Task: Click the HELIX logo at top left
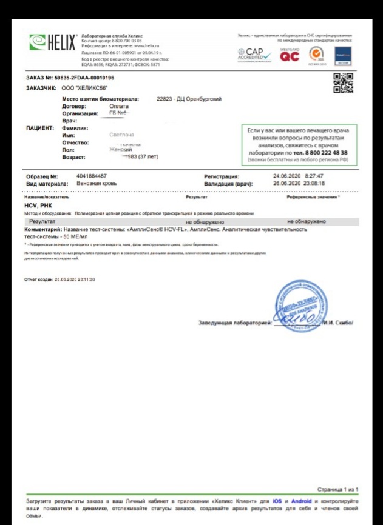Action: [x=53, y=43]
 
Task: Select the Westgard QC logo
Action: [x=290, y=54]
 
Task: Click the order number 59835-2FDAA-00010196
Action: [x=84, y=78]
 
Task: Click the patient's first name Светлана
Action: [x=121, y=135]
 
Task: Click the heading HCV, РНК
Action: [x=40, y=206]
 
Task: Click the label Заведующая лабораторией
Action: [x=234, y=323]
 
